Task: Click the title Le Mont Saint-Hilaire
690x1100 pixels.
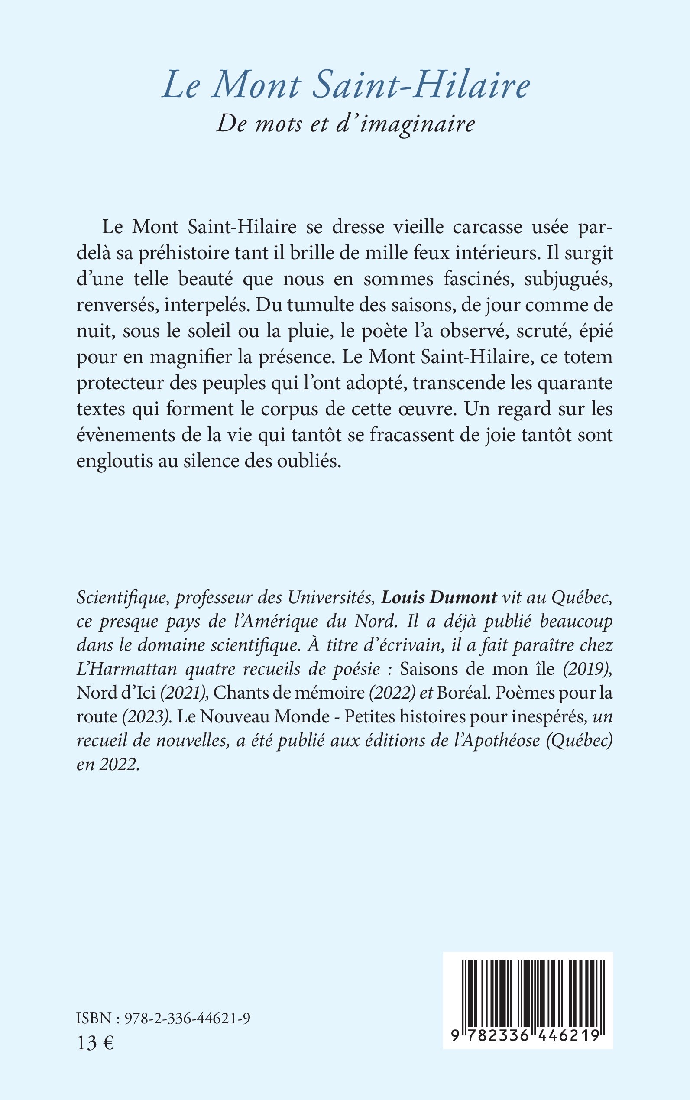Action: pyautogui.click(x=346, y=85)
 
